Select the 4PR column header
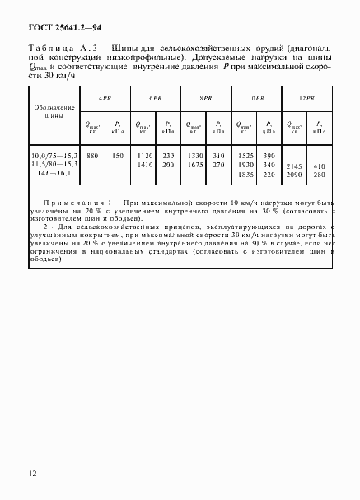105,97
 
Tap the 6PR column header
155,97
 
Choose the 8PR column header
206,97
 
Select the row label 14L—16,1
51,174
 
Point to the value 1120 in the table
143,156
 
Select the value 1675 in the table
194,165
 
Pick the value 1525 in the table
245,156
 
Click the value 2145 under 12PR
295,165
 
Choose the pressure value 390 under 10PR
268,156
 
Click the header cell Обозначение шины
54,112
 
